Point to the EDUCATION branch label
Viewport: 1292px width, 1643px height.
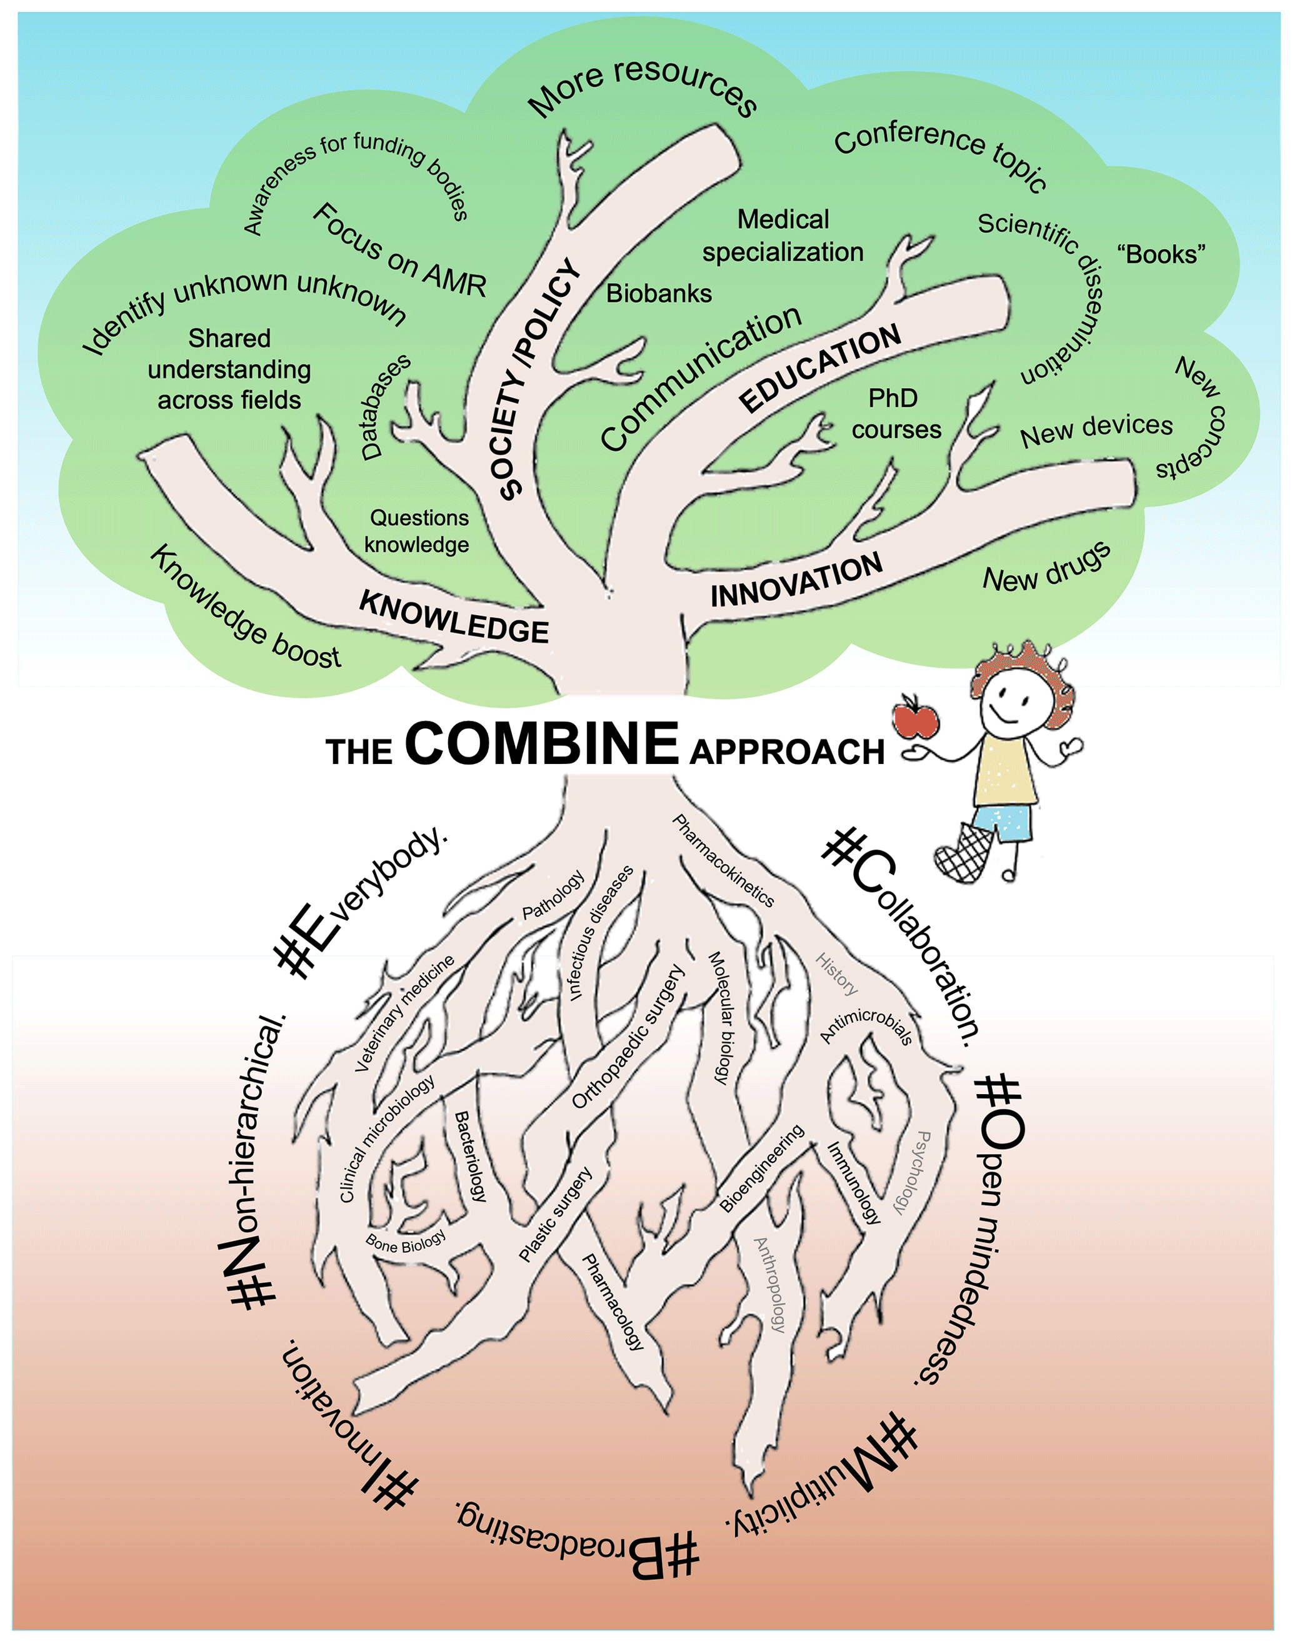pos(820,368)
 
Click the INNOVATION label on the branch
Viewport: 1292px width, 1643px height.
pos(796,580)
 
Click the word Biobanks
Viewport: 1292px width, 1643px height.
pos(659,293)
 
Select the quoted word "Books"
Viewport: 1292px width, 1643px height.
pos(1161,255)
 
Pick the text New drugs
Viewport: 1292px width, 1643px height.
pos(1047,567)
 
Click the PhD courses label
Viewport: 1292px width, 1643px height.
pos(896,414)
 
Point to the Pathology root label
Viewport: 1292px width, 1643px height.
pos(554,894)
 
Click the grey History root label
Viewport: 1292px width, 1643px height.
pos(836,973)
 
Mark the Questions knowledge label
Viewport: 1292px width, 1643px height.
pos(418,531)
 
